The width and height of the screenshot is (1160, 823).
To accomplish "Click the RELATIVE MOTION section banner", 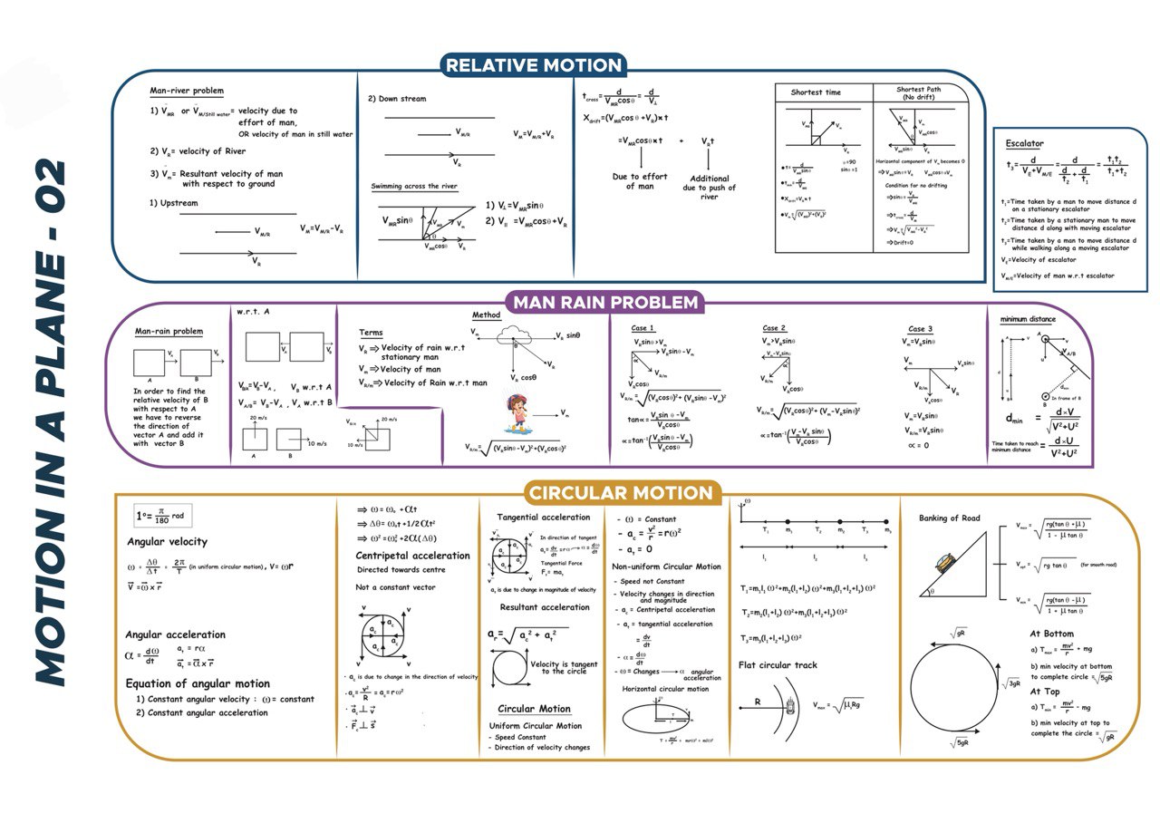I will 535,65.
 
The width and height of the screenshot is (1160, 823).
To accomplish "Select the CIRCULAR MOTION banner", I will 621,494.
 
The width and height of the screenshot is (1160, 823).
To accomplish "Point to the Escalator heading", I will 1024,143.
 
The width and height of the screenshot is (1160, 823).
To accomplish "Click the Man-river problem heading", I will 187,92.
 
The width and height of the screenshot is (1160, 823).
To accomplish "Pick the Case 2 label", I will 774,328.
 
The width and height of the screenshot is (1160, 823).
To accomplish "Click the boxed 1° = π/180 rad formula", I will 159,516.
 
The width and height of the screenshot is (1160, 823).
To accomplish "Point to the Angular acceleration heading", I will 175,634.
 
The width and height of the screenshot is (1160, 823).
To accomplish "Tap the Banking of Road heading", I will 951,518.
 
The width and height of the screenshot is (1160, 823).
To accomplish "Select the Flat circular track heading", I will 778,665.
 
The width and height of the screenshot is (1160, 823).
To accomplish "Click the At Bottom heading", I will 1051,634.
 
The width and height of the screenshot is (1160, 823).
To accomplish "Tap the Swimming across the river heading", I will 414,187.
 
